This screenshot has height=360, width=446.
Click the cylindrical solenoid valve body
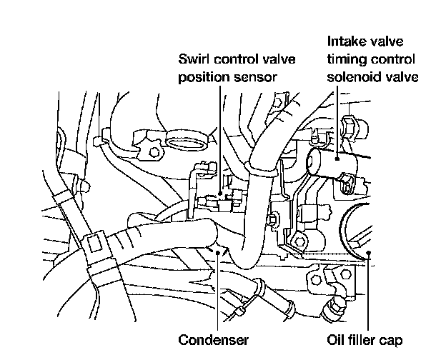click(x=329, y=163)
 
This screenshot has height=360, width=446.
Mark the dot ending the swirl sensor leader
click(x=219, y=194)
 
